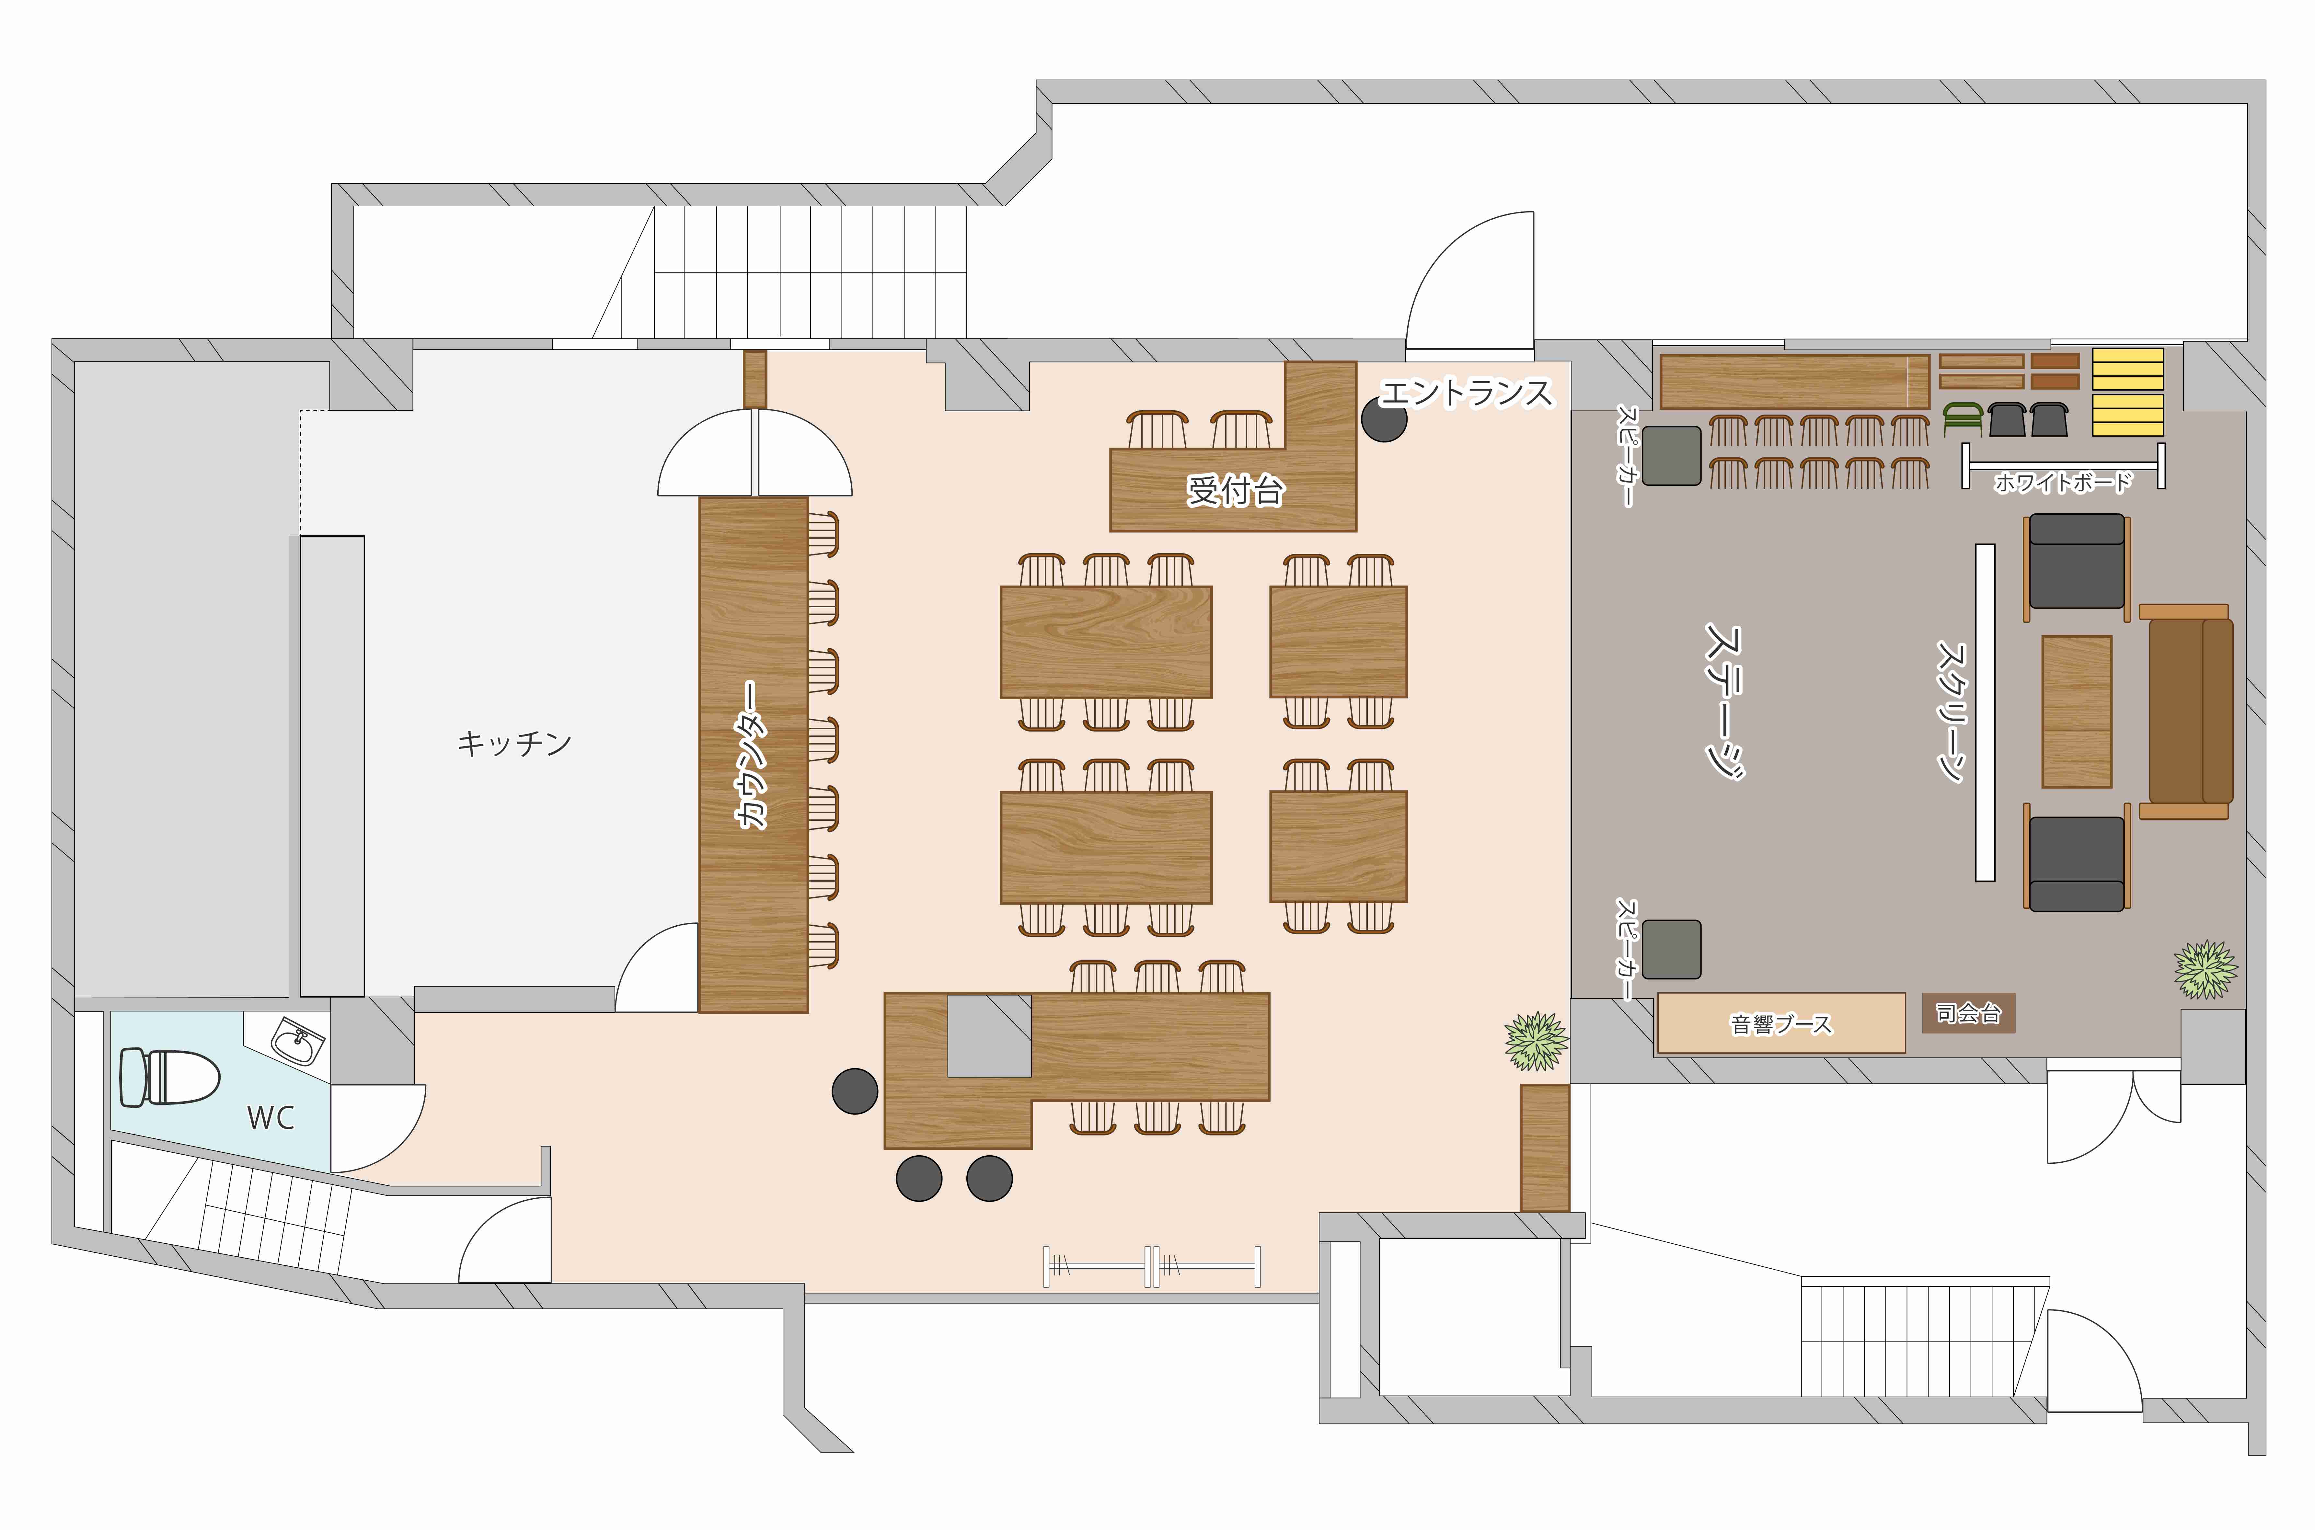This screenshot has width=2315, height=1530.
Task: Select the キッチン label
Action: [514, 744]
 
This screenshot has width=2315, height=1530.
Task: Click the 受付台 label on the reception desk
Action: [1235, 490]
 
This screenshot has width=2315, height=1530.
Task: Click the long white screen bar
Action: [1985, 712]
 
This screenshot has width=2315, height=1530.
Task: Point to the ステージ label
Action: [1724, 701]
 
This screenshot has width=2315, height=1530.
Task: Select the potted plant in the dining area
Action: [1536, 1041]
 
